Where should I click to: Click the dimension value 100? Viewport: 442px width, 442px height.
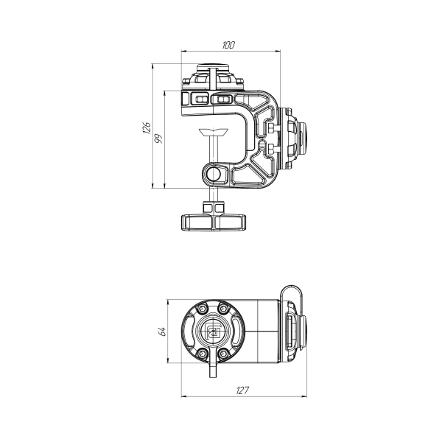(x=228, y=45)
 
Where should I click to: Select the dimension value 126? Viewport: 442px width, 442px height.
(x=147, y=128)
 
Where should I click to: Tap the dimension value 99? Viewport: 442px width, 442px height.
(x=159, y=138)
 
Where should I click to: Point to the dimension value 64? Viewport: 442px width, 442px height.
(x=162, y=331)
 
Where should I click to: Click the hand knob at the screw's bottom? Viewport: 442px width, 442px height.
(x=214, y=222)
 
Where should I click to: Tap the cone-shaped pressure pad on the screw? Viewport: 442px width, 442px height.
(x=214, y=132)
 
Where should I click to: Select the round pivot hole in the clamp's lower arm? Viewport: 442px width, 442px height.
(x=213, y=174)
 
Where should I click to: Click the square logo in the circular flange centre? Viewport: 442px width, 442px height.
(x=213, y=331)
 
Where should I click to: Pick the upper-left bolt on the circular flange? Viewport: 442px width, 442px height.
(x=202, y=309)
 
